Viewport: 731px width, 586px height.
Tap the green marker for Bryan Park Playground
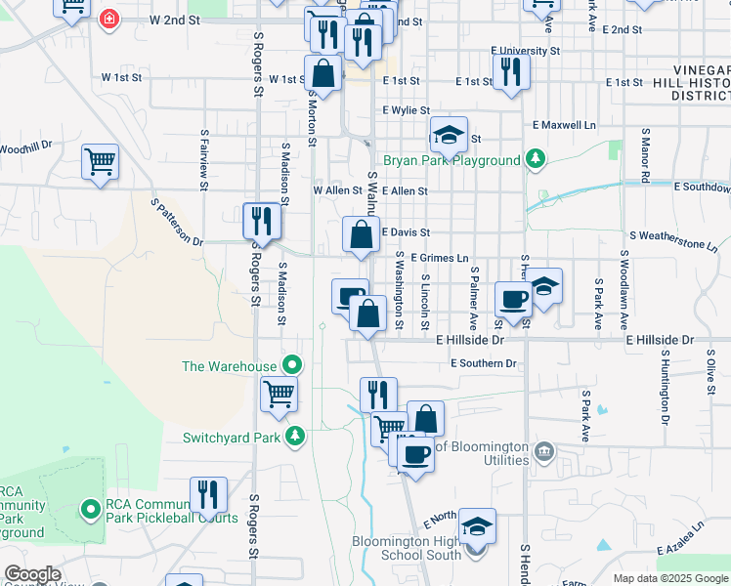(535, 158)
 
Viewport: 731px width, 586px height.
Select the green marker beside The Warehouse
(291, 365)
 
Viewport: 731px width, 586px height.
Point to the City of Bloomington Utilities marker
(545, 451)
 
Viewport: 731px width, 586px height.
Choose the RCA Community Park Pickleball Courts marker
(91, 509)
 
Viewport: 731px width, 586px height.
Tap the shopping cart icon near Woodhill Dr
(101, 160)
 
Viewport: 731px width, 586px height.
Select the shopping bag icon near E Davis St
(362, 234)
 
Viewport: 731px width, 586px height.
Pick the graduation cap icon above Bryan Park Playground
(449, 134)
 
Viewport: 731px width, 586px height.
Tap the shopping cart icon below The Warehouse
(279, 394)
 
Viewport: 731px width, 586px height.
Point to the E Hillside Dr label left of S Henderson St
(470, 341)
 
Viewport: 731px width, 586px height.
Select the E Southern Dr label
(483, 363)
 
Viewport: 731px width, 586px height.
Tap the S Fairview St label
(204, 152)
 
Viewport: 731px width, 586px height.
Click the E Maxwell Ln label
(564, 125)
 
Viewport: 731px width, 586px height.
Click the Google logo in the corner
(32, 574)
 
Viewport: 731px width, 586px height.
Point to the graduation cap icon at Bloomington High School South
(477, 526)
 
